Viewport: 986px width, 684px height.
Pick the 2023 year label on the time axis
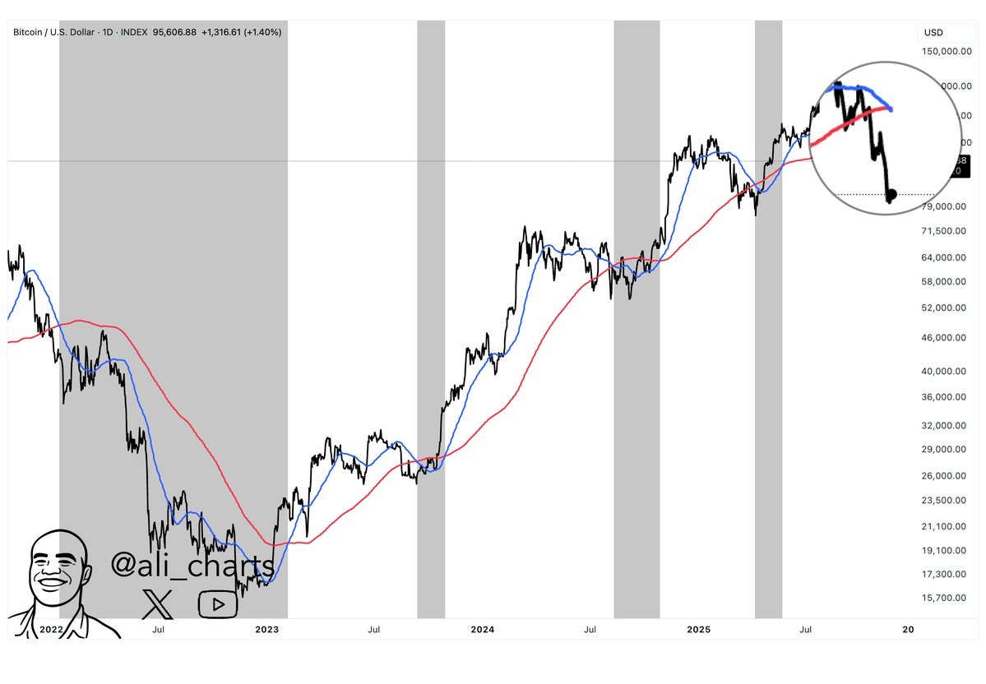(266, 630)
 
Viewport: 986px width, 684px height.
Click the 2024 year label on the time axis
(482, 630)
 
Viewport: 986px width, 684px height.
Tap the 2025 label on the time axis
(698, 630)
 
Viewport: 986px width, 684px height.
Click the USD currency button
(933, 33)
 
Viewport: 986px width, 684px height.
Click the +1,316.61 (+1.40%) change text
(244, 32)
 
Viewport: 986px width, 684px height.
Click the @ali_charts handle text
(192, 565)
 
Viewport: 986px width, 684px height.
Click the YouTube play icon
(218, 604)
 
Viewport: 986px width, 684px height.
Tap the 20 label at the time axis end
(908, 630)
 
